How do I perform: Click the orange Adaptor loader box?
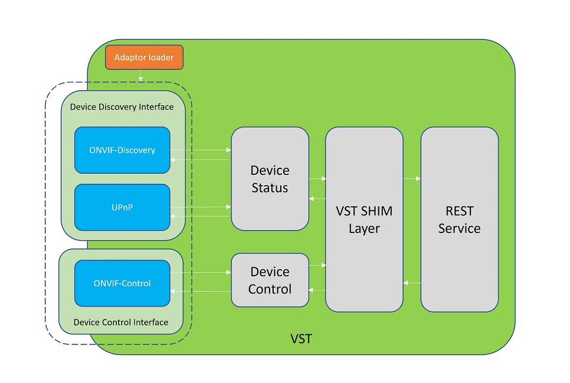pyautogui.click(x=144, y=58)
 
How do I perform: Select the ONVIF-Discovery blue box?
pyautogui.click(x=122, y=150)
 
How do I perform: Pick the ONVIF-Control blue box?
pyautogui.click(x=122, y=283)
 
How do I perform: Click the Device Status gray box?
pyautogui.click(x=270, y=179)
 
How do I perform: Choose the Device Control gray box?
pyautogui.click(x=270, y=280)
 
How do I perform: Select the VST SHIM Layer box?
pyautogui.click(x=364, y=219)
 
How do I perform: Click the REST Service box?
pyautogui.click(x=459, y=219)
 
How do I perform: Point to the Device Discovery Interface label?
pyautogui.click(x=122, y=107)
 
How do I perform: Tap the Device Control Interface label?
pyautogui.click(x=121, y=323)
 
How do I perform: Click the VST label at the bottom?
pyautogui.click(x=301, y=339)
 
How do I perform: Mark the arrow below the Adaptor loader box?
pyautogui.click(x=141, y=75)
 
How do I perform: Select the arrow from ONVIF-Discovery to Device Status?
pyautogui.click(x=201, y=150)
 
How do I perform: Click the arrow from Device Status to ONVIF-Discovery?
pyautogui.click(x=201, y=159)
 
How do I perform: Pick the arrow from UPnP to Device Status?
pyautogui.click(x=201, y=207)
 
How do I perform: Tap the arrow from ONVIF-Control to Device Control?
pyautogui.click(x=201, y=273)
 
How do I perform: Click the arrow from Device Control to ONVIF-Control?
pyautogui.click(x=201, y=291)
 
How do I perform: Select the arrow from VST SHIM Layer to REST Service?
pyautogui.click(x=412, y=178)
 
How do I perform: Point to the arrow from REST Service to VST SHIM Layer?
pyautogui.click(x=412, y=283)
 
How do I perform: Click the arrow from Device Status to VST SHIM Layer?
pyautogui.click(x=318, y=178)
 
